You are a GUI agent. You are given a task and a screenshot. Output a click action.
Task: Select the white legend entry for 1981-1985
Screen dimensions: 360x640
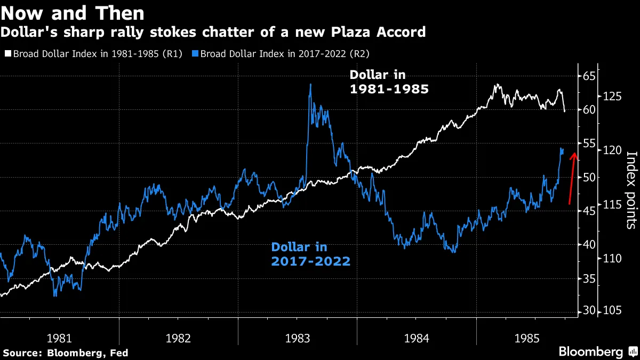click(94, 53)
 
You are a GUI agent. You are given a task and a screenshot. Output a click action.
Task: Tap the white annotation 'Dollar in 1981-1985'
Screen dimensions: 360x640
click(389, 82)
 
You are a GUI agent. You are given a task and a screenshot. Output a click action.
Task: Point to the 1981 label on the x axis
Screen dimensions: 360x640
click(60, 338)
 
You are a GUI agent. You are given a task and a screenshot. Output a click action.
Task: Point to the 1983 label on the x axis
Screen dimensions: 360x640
click(298, 338)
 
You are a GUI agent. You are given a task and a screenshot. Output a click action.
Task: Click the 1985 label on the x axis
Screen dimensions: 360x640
click(536, 338)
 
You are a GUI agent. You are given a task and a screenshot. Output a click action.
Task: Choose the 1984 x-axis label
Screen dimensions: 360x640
click(417, 338)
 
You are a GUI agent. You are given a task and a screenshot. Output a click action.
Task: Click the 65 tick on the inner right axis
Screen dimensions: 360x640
click(588, 76)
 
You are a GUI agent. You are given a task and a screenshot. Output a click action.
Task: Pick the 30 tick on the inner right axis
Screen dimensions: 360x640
click(588, 311)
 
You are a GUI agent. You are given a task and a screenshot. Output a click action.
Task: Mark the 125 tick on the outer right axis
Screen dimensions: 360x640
click(613, 97)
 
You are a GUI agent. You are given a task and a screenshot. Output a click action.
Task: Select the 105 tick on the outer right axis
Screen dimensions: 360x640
click(613, 311)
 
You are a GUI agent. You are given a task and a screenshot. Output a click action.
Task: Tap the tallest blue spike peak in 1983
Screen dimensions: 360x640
click(310, 84)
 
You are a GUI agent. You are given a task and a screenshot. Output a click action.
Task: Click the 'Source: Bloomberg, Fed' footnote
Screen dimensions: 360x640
click(66, 353)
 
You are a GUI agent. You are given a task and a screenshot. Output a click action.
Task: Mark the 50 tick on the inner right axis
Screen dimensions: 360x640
click(588, 177)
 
